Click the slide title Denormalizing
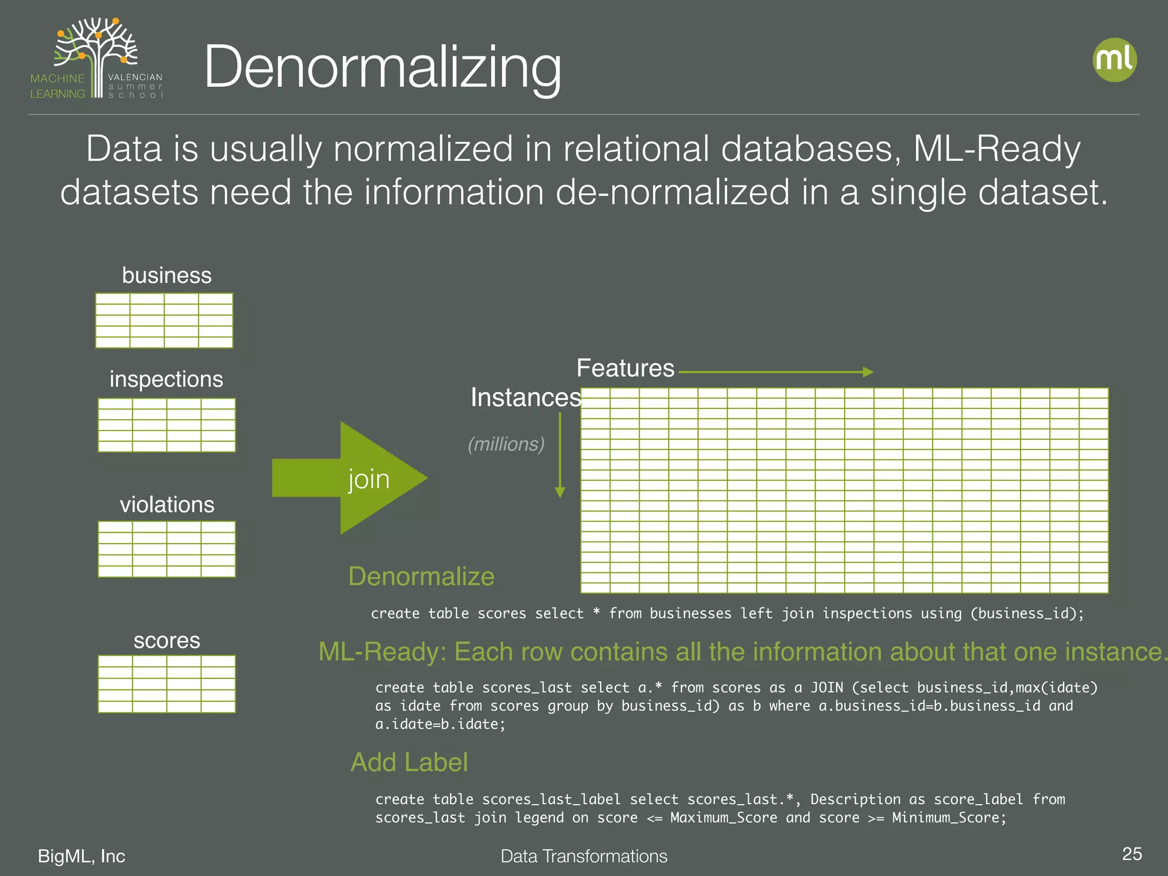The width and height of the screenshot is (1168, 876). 382,67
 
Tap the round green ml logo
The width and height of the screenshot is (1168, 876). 1114,60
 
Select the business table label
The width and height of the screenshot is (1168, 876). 167,275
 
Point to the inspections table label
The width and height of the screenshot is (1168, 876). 166,379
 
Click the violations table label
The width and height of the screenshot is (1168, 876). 167,505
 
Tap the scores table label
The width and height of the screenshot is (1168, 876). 167,640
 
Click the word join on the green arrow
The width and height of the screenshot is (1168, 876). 369,479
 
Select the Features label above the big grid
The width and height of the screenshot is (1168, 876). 625,368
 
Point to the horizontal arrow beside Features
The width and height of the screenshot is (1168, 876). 776,372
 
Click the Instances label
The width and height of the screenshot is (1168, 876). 525,398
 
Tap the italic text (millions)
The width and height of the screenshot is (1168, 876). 506,444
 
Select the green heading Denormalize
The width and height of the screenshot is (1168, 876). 421,576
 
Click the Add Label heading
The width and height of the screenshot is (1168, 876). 409,762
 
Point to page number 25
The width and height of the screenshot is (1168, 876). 1131,854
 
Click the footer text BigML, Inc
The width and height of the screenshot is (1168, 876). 82,856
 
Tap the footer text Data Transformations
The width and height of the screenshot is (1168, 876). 583,856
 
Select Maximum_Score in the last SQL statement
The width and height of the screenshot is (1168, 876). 723,818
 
